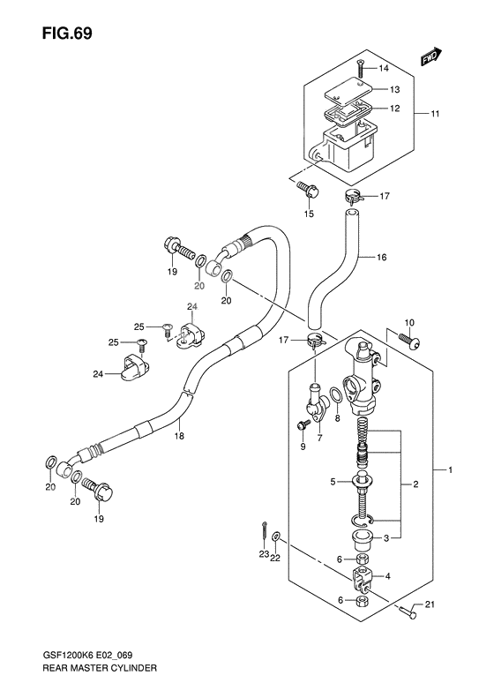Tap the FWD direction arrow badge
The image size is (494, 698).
430,57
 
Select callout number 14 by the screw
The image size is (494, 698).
384,69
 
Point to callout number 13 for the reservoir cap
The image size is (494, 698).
394,90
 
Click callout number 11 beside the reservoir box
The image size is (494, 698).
435,114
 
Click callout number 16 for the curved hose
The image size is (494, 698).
382,258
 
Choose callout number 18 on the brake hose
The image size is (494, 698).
179,435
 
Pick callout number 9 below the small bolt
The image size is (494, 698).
303,447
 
